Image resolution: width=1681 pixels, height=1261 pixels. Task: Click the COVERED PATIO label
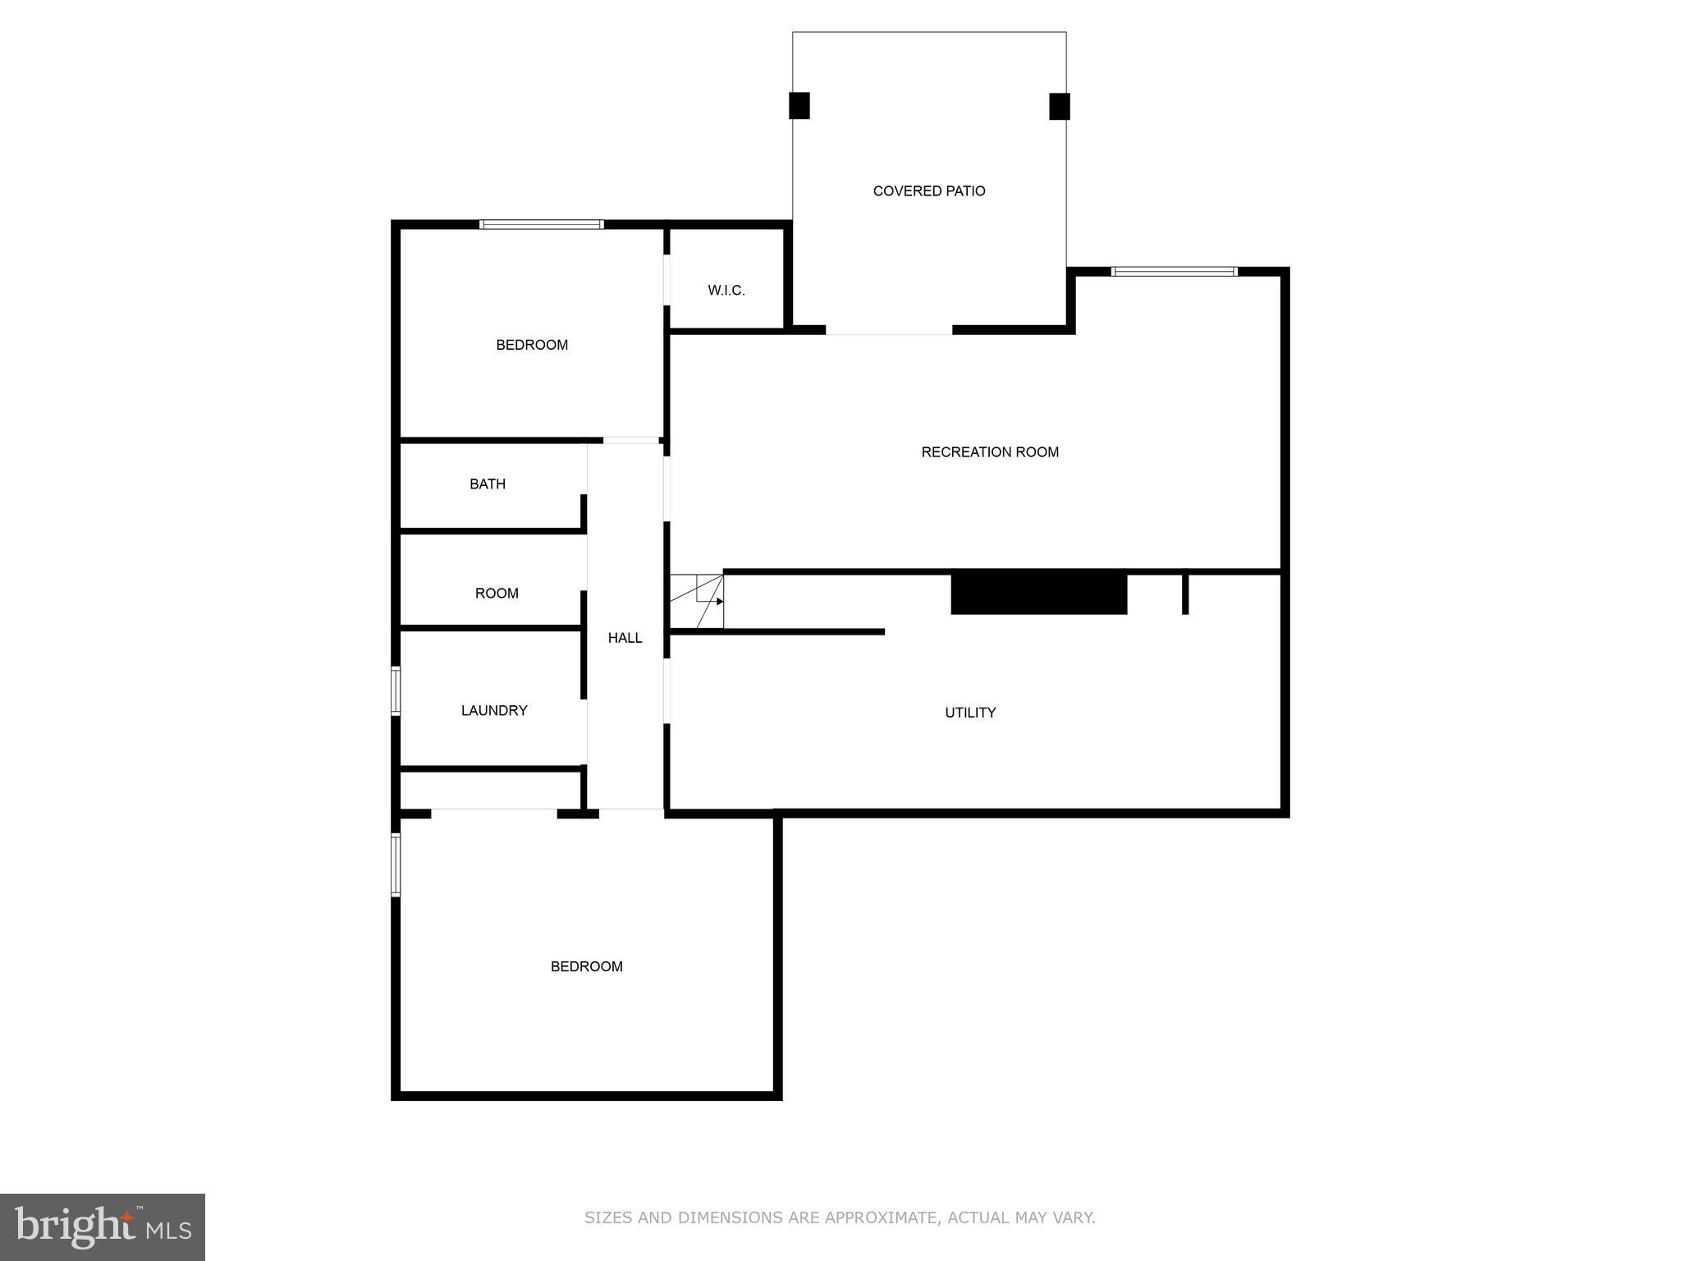(x=928, y=191)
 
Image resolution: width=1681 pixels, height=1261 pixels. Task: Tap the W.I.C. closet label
(x=726, y=291)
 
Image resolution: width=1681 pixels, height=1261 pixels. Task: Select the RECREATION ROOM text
(x=990, y=452)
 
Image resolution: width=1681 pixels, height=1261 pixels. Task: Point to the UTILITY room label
(x=970, y=713)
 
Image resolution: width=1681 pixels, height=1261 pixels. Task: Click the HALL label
(x=625, y=638)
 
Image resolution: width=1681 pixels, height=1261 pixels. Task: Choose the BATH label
(x=488, y=484)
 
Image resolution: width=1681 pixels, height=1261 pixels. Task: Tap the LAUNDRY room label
(x=494, y=711)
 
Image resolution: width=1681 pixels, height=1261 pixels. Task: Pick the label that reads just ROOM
(x=497, y=594)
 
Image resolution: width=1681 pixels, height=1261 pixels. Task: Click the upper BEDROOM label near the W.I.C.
(x=532, y=345)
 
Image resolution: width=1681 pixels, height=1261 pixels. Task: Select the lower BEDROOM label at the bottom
(x=586, y=967)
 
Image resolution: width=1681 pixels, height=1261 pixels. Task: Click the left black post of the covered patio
(x=799, y=106)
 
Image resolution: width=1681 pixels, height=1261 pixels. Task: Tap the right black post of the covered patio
(x=1060, y=107)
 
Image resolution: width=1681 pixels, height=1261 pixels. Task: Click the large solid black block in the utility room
(x=1038, y=593)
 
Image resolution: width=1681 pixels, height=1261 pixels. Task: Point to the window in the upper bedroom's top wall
(x=542, y=224)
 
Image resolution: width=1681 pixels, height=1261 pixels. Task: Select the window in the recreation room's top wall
(x=1174, y=272)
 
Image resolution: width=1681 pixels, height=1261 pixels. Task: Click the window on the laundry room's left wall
(x=396, y=690)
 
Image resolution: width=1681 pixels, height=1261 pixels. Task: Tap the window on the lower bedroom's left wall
(x=396, y=864)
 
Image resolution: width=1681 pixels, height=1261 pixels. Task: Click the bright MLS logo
(x=103, y=1227)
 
